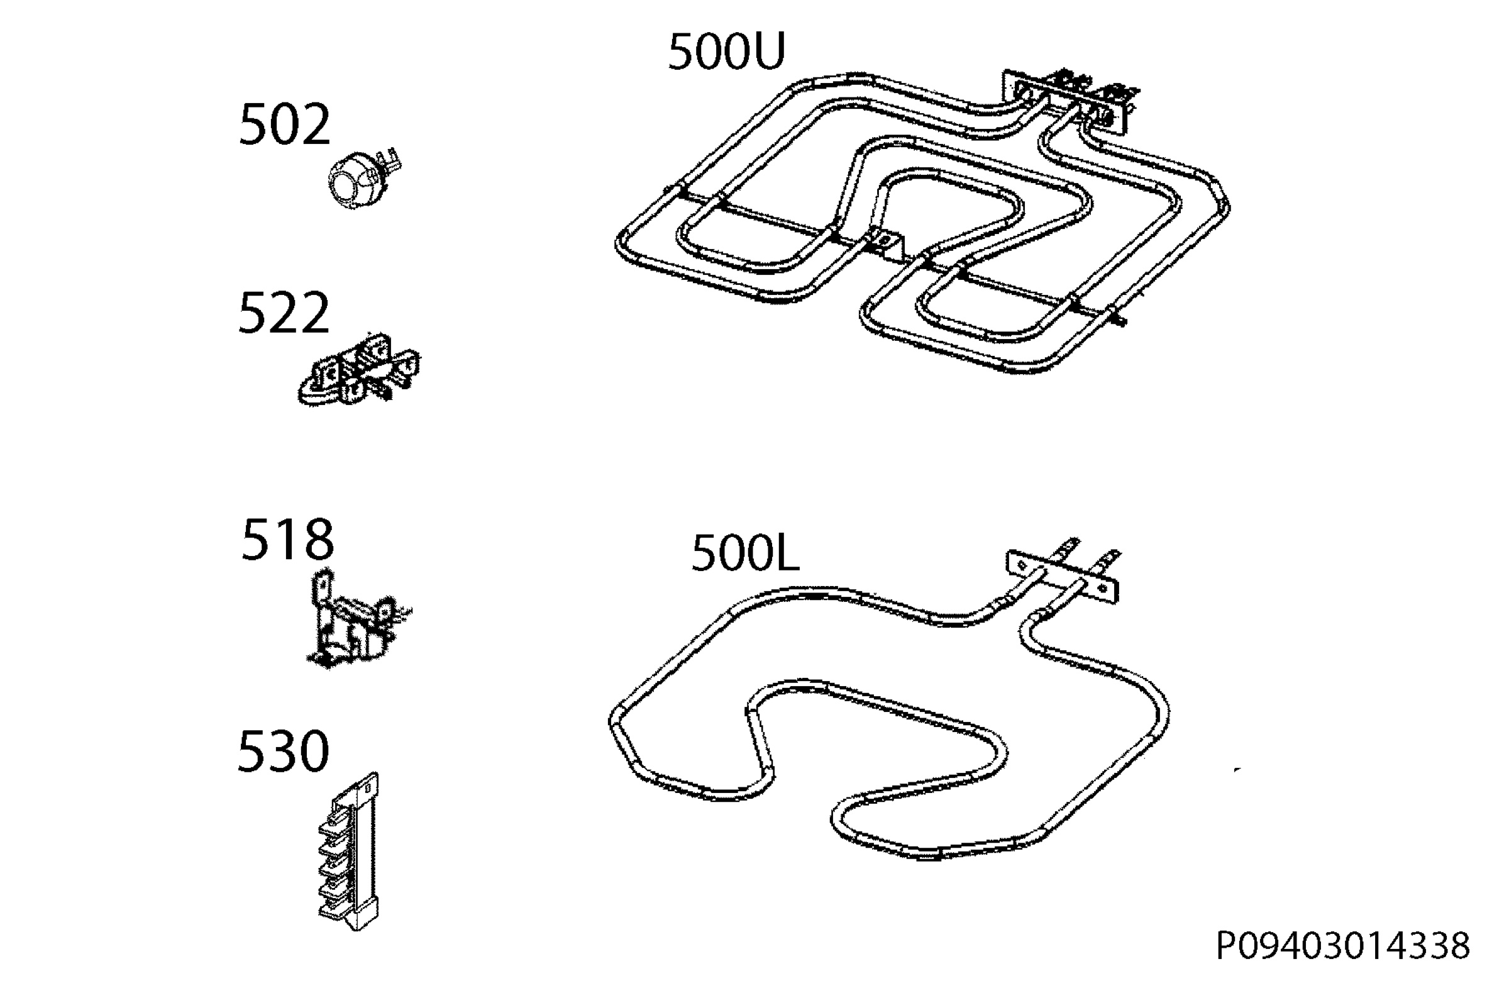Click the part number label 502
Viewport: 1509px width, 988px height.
coord(284,125)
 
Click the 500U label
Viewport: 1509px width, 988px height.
coord(727,52)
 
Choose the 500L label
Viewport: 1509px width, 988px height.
coord(745,552)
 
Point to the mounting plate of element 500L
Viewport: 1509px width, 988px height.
coord(1063,575)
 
